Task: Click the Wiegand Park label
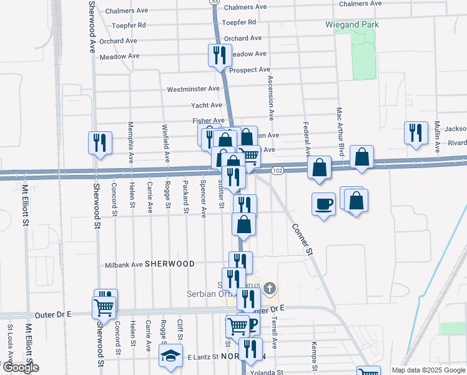click(x=352, y=25)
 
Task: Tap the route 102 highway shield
click(x=278, y=171)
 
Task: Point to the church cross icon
click(x=269, y=288)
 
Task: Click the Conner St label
click(x=302, y=239)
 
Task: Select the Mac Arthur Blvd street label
click(x=340, y=131)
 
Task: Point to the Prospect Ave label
click(x=250, y=70)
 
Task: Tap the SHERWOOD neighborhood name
click(x=170, y=264)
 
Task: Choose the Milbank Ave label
click(x=124, y=264)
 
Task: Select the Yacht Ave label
click(x=207, y=106)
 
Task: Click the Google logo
click(x=20, y=367)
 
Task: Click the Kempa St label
click(x=313, y=352)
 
